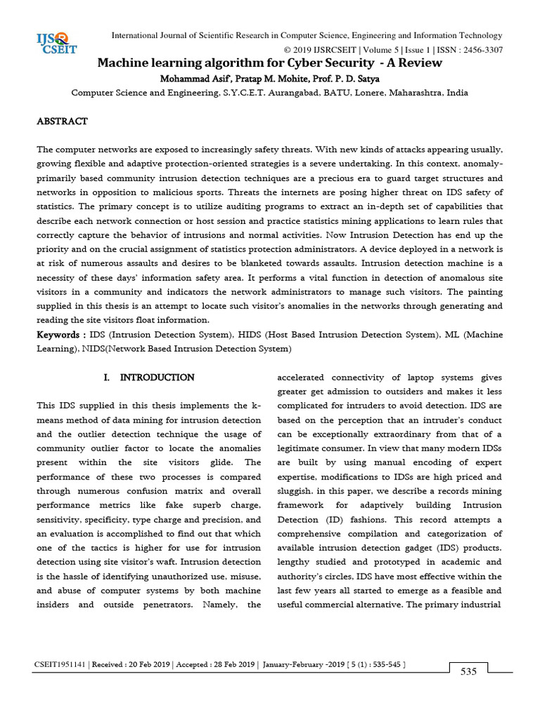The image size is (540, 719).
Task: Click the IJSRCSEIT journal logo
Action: pos(56,43)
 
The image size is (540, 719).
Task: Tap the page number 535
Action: pos(469,672)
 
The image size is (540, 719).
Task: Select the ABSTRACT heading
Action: pos(62,121)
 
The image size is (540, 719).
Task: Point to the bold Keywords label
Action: pos(61,336)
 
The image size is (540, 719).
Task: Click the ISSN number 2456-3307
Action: pos(479,50)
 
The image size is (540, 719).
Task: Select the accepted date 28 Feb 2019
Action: pos(231,664)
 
